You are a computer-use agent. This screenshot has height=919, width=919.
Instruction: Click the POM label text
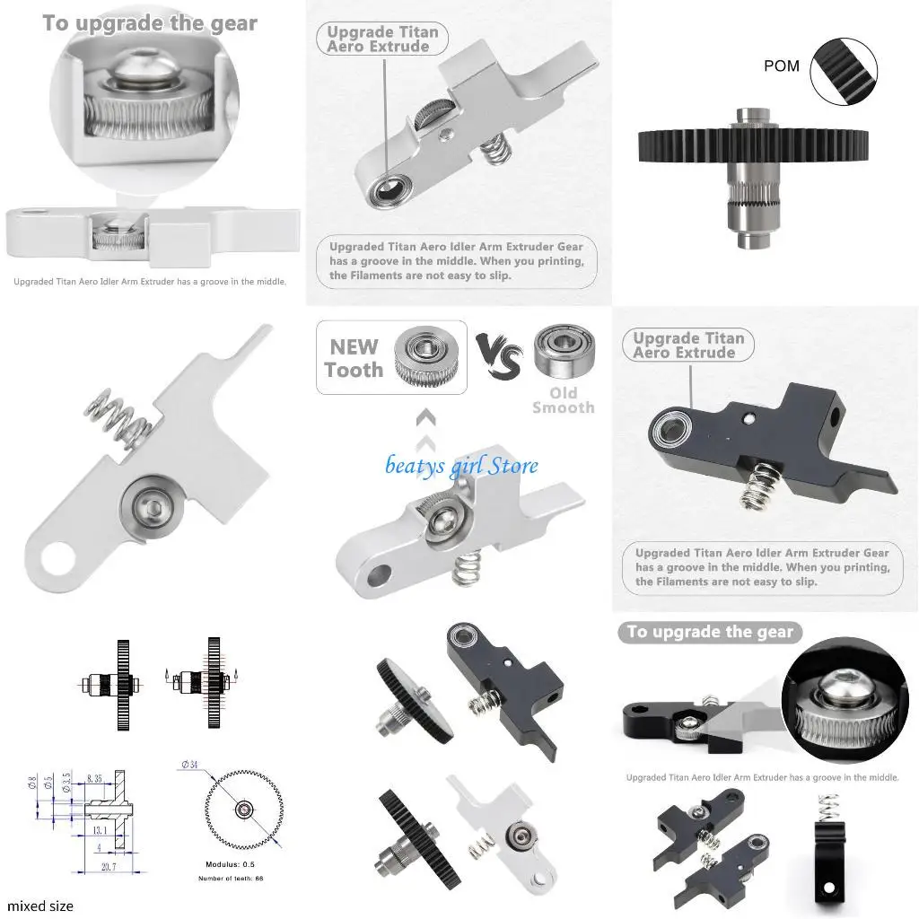point(782,66)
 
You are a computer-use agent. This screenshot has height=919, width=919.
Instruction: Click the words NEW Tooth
point(354,358)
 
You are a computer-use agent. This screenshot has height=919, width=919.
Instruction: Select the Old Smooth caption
point(563,400)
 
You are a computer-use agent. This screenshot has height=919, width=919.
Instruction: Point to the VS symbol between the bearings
point(499,356)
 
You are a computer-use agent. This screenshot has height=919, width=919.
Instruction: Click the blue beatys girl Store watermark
point(461,465)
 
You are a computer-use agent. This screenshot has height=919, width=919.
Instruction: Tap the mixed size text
point(40,906)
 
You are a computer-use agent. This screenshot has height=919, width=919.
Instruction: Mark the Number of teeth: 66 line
point(231,878)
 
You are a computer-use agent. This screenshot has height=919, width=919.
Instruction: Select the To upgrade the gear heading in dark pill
point(710,632)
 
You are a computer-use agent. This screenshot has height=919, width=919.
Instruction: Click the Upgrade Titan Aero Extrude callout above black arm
point(688,346)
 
